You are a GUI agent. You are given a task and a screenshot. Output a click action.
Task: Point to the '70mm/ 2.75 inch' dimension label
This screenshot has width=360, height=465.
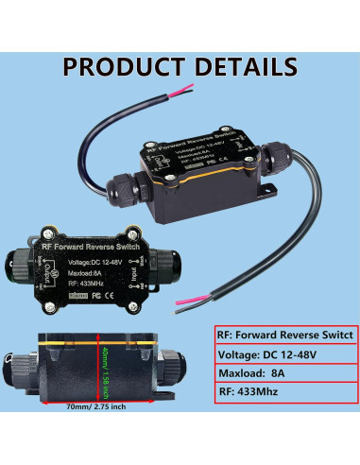point(104,436)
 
